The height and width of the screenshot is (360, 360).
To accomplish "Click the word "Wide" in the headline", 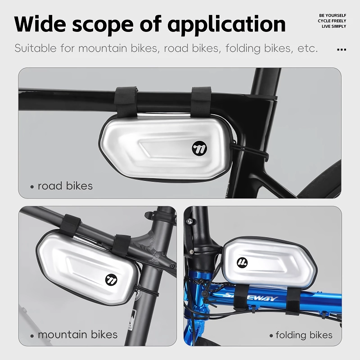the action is (40, 24).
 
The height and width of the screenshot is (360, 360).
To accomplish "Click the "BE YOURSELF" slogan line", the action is (333, 15).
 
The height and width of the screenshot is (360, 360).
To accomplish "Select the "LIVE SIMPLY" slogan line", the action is (334, 27).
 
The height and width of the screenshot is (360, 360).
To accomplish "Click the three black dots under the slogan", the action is (342, 49).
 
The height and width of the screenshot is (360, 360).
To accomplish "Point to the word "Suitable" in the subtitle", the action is (36, 48).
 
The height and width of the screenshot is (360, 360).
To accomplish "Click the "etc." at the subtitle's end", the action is (308, 49).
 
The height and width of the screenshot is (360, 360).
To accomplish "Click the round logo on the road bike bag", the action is (199, 148).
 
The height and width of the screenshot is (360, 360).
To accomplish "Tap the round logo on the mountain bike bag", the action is (111, 280).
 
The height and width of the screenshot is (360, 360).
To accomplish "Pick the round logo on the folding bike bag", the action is (242, 262).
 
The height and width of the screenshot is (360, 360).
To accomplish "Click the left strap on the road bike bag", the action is (126, 100).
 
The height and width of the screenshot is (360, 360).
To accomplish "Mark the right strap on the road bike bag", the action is (201, 100).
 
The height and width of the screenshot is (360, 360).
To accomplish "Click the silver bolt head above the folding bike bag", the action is (189, 221).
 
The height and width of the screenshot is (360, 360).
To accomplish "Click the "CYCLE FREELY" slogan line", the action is (332, 21).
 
